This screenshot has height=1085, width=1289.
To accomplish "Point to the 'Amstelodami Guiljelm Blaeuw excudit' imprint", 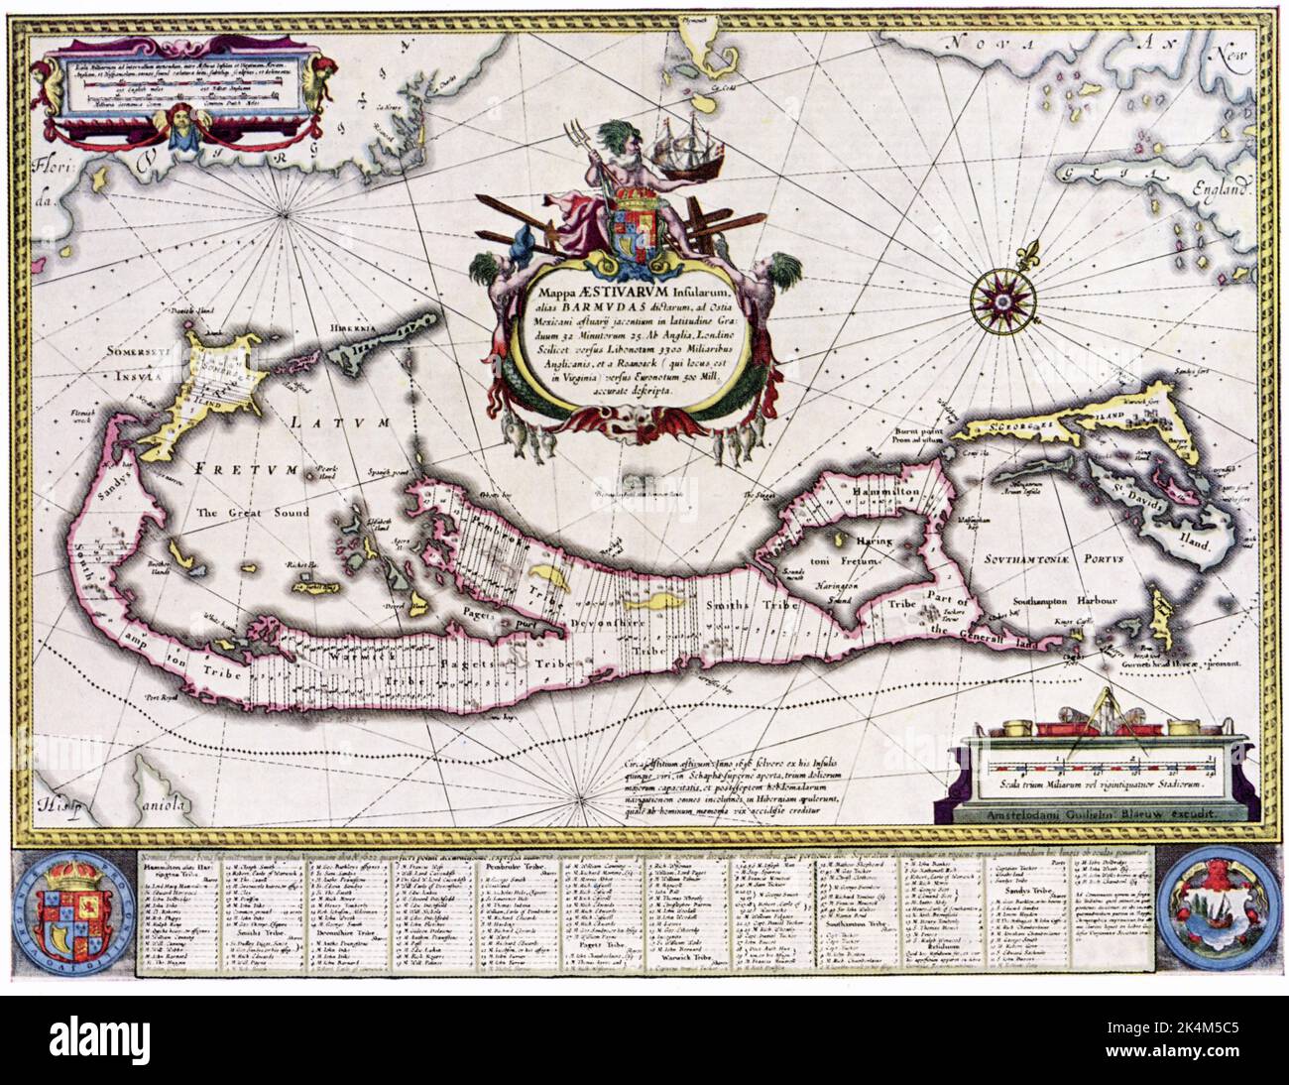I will (1086, 811).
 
